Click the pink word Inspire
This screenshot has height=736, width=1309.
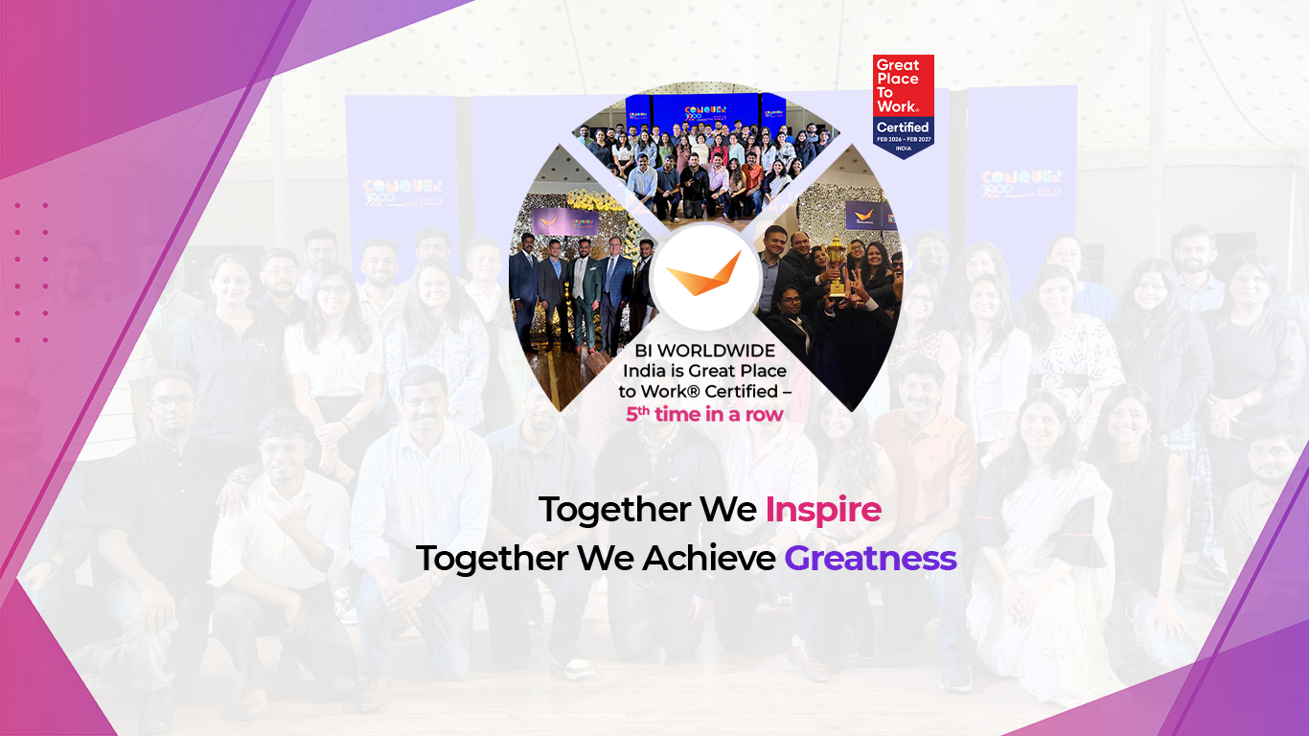[x=823, y=510]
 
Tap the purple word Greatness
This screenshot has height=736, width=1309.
[x=870, y=558]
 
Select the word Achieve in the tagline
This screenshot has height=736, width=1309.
[x=708, y=558]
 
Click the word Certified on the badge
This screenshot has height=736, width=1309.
[x=903, y=126]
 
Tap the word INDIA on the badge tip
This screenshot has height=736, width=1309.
[x=903, y=149]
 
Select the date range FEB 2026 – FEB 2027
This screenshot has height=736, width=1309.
[x=903, y=140]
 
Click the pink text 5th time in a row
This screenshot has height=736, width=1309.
[x=704, y=414]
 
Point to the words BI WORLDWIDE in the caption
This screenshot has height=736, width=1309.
[x=704, y=351]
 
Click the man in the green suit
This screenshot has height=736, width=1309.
[x=585, y=287]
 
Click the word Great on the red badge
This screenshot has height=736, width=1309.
[x=897, y=65]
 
